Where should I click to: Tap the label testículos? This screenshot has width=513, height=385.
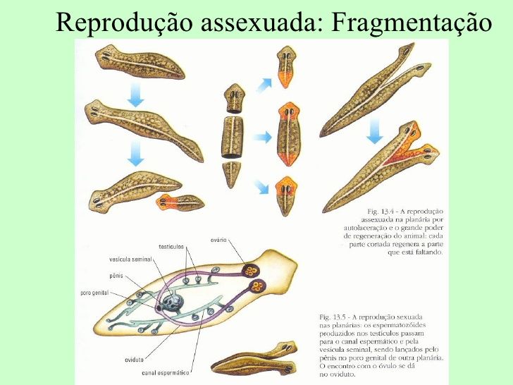click(171, 247)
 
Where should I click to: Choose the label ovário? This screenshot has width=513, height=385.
click(218, 241)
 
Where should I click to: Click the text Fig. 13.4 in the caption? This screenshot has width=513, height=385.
click(385, 211)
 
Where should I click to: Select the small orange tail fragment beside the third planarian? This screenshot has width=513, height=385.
click(180, 203)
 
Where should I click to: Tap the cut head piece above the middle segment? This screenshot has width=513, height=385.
click(234, 96)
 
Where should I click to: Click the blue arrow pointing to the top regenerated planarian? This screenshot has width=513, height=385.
click(264, 85)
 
